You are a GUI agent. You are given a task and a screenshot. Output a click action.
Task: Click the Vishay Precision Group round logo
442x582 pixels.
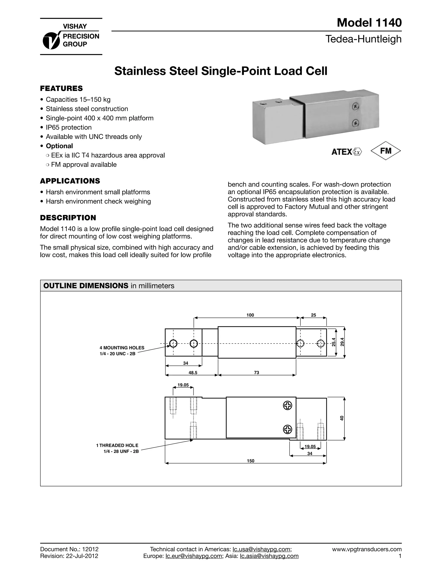click(51, 41)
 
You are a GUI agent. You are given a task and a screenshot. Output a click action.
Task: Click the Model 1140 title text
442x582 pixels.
click(369, 23)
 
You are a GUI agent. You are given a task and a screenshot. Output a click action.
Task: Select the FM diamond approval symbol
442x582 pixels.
click(386, 151)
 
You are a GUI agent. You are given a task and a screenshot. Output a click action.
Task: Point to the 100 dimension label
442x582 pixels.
click(250, 315)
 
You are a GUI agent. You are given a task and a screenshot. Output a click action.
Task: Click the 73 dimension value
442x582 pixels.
click(257, 372)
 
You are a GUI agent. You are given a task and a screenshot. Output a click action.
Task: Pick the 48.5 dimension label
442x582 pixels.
click(193, 372)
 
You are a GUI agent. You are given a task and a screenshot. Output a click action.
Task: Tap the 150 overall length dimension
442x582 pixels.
click(251, 461)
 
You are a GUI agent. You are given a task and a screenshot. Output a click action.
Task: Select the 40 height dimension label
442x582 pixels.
click(342, 418)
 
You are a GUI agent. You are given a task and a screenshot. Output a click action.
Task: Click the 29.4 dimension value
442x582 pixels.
click(342, 343)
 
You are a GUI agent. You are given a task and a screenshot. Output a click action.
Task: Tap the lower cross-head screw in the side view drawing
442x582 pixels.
click(287, 429)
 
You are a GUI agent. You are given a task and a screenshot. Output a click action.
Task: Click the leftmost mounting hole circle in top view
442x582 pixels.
click(173, 343)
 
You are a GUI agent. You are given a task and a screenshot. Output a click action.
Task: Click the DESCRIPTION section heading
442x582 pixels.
click(68, 218)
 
